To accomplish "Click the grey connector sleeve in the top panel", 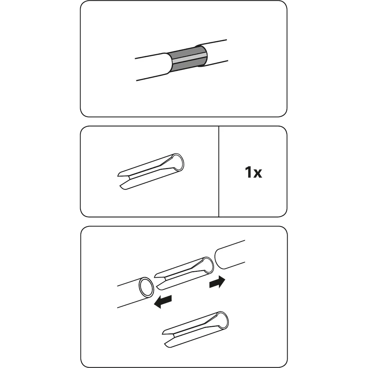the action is coord(188,59).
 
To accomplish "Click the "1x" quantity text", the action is coord(253,172).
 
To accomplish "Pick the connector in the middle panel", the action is coord(151,171).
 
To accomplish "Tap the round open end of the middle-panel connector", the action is coord(178,162).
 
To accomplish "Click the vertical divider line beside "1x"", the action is coord(219,171).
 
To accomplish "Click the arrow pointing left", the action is coord(163,302).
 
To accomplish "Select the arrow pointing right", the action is coord(217,282).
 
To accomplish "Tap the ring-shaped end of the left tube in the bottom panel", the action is coord(146,288).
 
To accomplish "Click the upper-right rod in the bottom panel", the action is coord(230,255).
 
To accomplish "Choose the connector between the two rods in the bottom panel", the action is coord(184,273).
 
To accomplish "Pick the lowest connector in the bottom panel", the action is coord(195,330).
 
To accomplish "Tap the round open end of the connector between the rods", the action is coord(208,266).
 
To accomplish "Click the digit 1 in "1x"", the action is coord(248,172).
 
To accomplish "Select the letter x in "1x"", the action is coord(257,174).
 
